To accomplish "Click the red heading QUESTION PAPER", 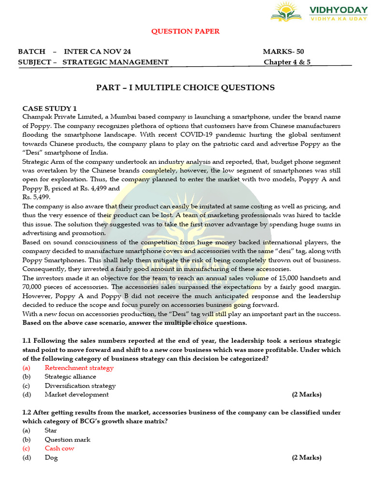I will click(185, 31).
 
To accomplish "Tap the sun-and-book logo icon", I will click(286, 12).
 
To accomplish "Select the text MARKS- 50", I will click(283, 52).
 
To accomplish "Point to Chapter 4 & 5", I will click(287, 62).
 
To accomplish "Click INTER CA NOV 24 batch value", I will click(97, 52).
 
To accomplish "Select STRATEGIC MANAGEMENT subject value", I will click(115, 62).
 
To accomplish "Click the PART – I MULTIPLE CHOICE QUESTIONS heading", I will click(185, 87).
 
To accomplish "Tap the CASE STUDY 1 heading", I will click(49, 108).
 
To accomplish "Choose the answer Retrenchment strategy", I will click(79, 368).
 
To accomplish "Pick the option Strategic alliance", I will click(71, 377).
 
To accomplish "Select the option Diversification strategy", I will click(80, 386).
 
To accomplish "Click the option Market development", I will click(77, 394).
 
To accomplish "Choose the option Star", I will click(51, 430).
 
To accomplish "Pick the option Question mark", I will click(68, 439).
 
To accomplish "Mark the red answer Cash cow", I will click(59, 449).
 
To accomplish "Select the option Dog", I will click(51, 458).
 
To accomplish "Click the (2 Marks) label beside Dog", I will click(306, 458).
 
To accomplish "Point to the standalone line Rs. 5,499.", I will click(36, 197).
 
